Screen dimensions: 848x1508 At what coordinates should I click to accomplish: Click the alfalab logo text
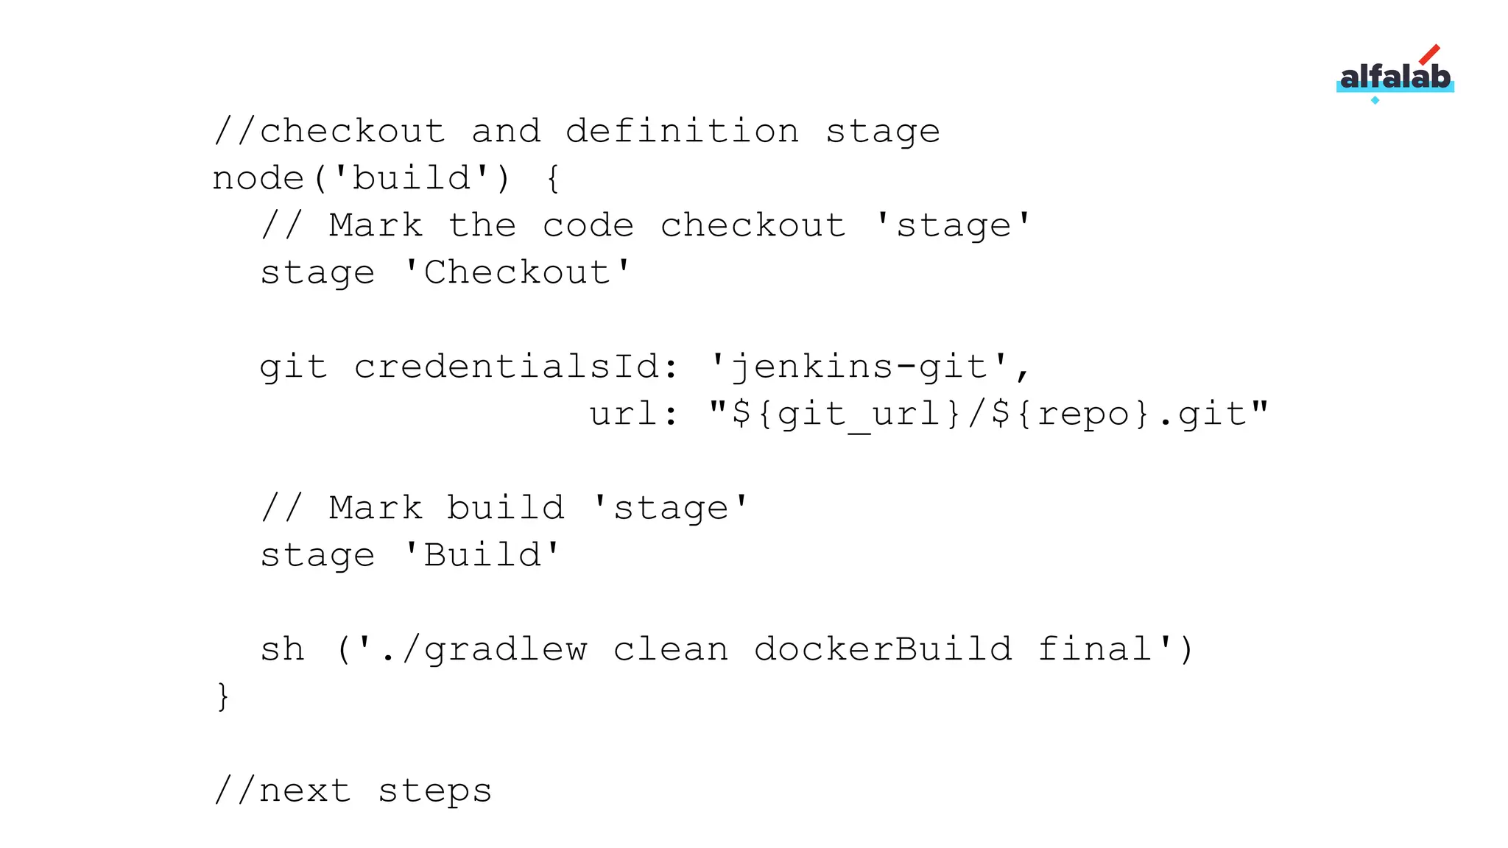coord(1395,77)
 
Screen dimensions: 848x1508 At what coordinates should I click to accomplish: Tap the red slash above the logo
coord(1429,54)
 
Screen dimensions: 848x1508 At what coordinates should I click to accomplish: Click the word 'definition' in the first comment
coord(682,132)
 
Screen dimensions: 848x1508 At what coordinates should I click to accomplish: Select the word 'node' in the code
coord(258,179)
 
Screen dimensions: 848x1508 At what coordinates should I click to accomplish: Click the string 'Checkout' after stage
coord(518,273)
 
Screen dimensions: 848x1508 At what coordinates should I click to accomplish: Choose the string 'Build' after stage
coord(482,556)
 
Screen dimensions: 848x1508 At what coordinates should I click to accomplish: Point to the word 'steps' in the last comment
coord(434,791)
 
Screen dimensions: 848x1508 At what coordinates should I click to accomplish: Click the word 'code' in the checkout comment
coord(588,226)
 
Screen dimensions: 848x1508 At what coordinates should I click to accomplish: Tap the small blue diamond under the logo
coord(1375,100)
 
